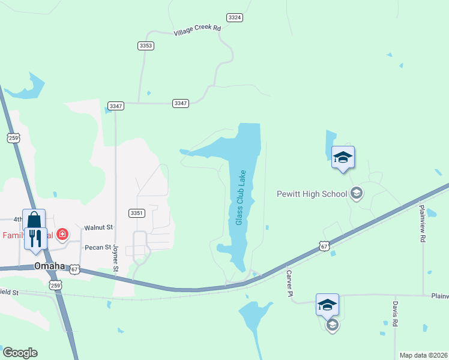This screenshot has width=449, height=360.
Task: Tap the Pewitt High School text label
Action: coord(312,194)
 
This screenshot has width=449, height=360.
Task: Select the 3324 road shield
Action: coord(235,17)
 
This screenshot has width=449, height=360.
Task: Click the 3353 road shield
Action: coord(145,46)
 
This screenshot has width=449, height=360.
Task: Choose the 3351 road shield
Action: coord(136,213)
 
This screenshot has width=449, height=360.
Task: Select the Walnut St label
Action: coord(98,227)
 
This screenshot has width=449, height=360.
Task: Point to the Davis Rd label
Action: coord(396,314)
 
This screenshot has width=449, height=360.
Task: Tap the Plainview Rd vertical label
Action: coord(423,223)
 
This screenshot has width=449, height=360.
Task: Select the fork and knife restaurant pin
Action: coord(35,238)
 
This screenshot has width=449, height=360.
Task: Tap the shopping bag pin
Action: coord(34,219)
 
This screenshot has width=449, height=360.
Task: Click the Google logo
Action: coord(20,353)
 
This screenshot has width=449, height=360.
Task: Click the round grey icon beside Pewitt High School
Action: coord(357,193)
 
